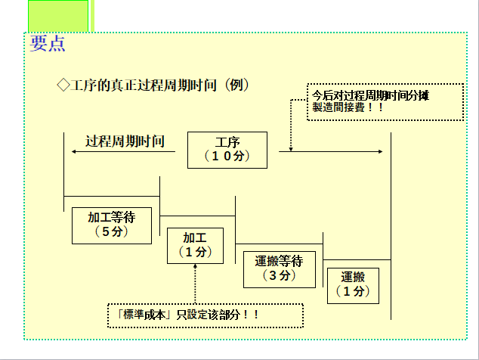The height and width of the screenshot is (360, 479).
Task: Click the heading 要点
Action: coord(48,43)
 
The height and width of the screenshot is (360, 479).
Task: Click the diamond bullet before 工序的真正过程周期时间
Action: coord(63,85)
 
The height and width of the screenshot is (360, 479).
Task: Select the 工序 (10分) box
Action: coord(227,150)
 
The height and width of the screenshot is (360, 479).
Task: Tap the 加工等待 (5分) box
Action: coord(112,225)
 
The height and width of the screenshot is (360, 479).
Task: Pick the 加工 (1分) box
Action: coord(195,245)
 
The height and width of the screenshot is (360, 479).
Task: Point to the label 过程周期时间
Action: coord(125,141)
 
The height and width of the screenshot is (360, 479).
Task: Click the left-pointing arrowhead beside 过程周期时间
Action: coord(75,151)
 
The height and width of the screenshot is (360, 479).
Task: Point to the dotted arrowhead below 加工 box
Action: coord(195,266)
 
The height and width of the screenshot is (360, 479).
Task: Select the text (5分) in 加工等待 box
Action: coord(112,231)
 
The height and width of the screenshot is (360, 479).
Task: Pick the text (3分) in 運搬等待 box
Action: coord(279,276)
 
